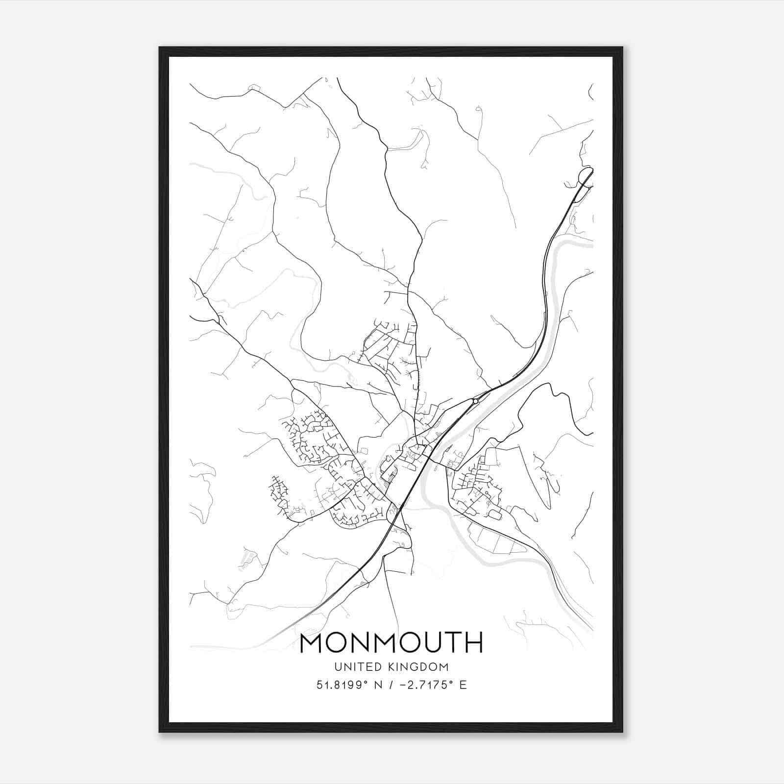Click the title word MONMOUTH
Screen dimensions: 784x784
click(x=391, y=643)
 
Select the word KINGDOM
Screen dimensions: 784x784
click(x=419, y=667)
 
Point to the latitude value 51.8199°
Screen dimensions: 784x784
click(x=343, y=685)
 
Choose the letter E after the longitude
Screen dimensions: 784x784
click(x=463, y=685)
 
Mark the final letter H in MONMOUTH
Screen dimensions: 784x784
click(x=473, y=643)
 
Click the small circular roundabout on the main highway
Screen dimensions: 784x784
click(x=475, y=401)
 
